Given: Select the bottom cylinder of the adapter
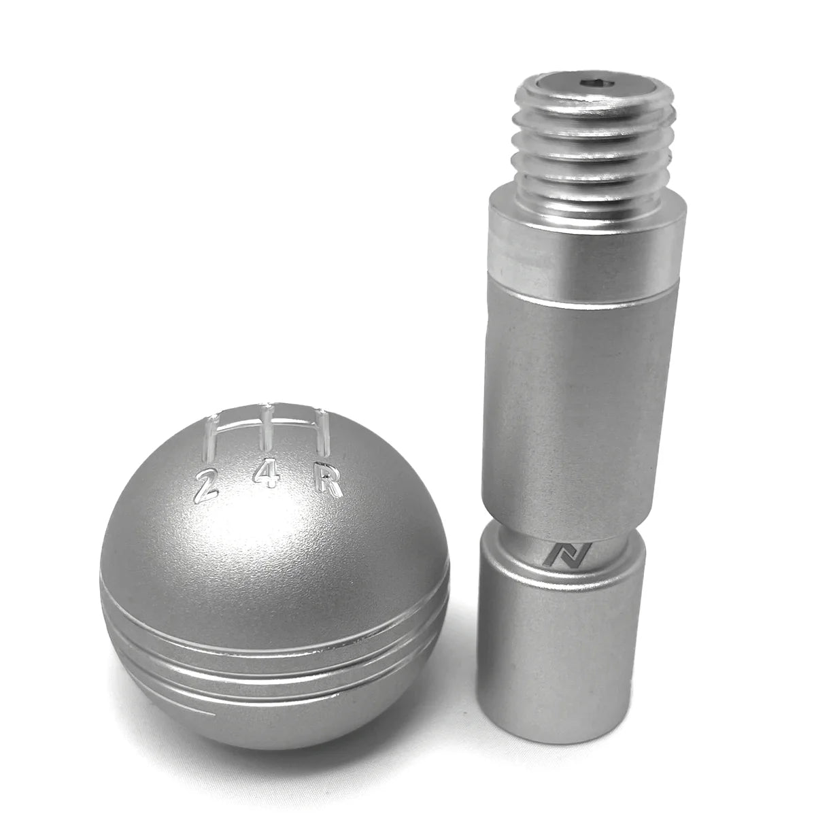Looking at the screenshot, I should click(x=561, y=653).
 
